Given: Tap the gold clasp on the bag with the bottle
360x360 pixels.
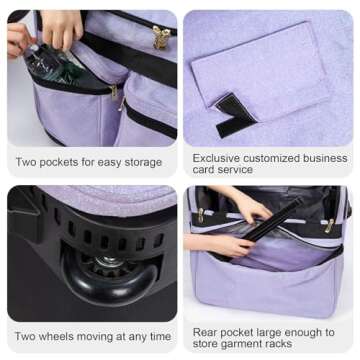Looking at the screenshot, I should tap(161, 37).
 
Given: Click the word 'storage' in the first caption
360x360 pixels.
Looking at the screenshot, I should tap(150, 161).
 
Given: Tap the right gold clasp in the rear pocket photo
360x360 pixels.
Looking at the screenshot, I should tap(327, 226).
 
